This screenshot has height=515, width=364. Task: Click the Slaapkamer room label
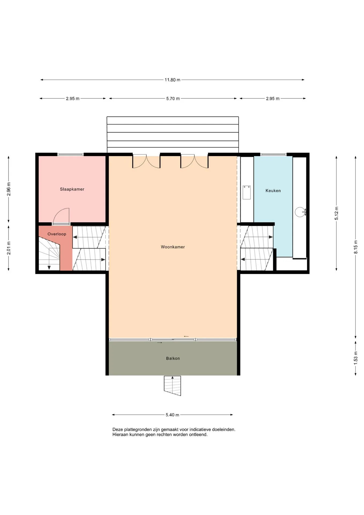pos(72,189)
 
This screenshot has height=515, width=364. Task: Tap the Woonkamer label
pos(173,247)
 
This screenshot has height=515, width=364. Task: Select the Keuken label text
pos(273,191)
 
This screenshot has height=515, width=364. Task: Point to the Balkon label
pos(173,358)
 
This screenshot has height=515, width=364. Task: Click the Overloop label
pos(57,234)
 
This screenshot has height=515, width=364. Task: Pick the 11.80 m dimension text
pos(172,80)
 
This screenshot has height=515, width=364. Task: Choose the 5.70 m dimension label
pos(173,98)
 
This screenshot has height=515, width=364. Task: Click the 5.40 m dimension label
pos(172,415)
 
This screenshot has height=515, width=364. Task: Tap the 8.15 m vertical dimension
pos(356,247)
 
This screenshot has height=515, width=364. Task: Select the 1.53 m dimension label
pos(356,358)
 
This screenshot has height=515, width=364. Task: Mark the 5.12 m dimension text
pos(336,214)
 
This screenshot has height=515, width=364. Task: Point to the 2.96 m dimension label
pos(9,189)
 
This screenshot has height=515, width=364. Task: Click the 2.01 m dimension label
pos(9,248)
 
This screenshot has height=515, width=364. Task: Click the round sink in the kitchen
pos(300,212)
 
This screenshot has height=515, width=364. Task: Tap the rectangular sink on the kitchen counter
pos(247,192)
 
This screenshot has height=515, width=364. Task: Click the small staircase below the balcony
pos(172,385)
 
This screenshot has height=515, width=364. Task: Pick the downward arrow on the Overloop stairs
pos(49,267)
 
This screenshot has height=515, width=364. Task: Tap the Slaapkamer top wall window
pos(70,154)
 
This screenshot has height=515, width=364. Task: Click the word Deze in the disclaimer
pos(118,429)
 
